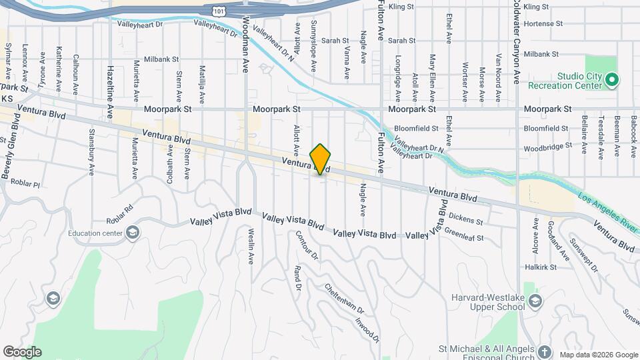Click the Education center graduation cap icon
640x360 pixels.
132,233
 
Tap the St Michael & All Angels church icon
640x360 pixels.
544,351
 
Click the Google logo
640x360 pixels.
21,352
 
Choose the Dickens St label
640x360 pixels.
467,219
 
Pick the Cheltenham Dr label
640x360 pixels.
345,300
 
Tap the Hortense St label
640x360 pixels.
543,23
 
